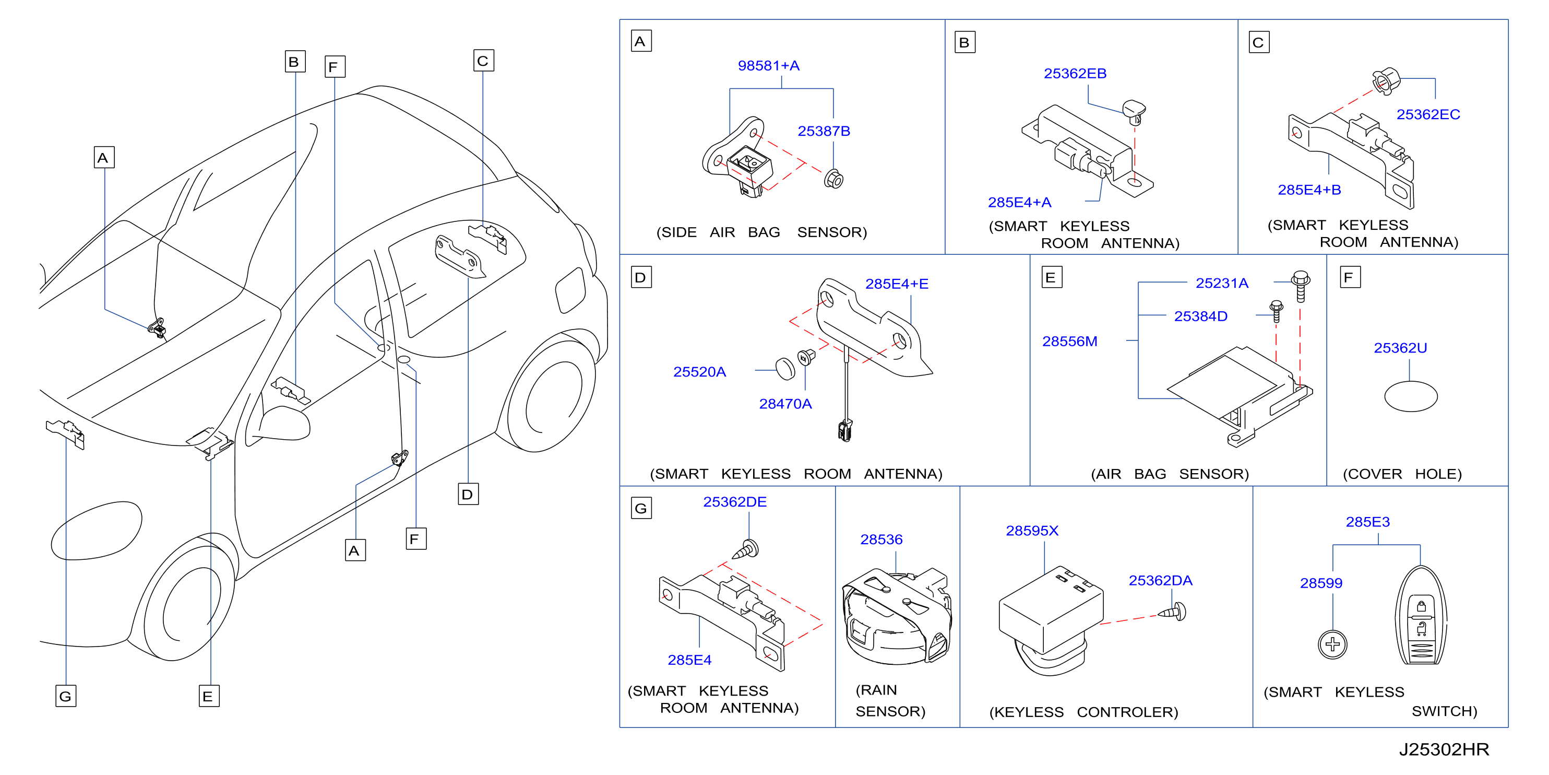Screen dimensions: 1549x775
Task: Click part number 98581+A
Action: (768, 66)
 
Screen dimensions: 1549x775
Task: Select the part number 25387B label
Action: (824, 131)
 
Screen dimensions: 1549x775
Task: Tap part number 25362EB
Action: (1075, 74)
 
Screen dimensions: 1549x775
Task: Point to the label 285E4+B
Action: (1309, 190)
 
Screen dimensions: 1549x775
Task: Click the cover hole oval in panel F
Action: (1411, 396)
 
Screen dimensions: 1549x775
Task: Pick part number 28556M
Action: (1070, 342)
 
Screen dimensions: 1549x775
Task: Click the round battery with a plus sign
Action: (1332, 645)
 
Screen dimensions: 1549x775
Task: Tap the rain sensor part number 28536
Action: (881, 540)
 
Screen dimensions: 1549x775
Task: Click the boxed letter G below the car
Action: (66, 696)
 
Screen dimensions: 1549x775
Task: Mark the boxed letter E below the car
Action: (209, 696)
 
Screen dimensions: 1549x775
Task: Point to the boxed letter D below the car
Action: (468, 494)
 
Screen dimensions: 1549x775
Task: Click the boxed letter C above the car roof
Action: (483, 61)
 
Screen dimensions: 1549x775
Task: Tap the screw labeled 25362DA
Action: (1173, 613)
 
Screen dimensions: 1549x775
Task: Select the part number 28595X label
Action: (1032, 531)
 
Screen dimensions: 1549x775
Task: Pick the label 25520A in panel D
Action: (699, 372)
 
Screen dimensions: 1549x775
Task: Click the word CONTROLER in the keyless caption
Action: (1127, 712)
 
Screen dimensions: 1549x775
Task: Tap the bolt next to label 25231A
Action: (1301, 286)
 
